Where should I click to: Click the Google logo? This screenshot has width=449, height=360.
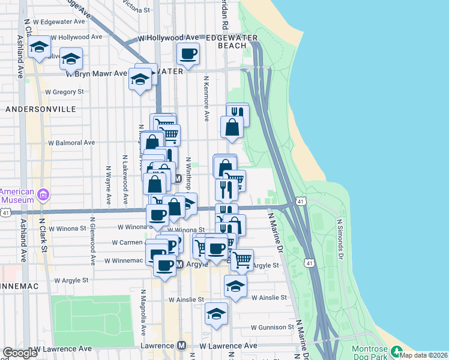tap(20, 353)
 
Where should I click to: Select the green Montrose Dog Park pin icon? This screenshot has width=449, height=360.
tap(396, 350)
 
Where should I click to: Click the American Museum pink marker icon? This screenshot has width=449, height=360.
tap(43, 194)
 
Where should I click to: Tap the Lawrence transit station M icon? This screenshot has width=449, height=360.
tap(182, 346)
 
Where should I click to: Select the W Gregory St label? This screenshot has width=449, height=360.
tap(64, 92)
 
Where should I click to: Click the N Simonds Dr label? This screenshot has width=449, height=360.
tap(339, 238)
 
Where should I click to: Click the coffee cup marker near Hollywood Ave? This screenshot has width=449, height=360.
tap(188, 53)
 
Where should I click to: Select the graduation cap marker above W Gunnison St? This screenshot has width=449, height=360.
tap(216, 313)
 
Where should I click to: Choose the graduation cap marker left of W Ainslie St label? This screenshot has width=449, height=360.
tap(235, 286)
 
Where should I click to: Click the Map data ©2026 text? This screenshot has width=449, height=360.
tap(424, 355)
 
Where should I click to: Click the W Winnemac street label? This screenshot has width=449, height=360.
tap(124, 261)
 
